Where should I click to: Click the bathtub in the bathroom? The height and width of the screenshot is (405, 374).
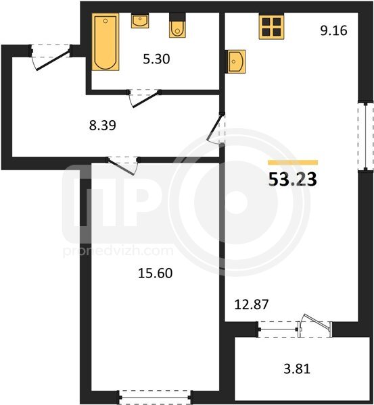pyautogui.click(x=106, y=42)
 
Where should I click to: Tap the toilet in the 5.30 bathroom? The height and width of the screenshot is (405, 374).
pyautogui.click(x=177, y=26)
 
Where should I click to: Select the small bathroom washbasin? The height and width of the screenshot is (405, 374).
pyautogui.click(x=140, y=20)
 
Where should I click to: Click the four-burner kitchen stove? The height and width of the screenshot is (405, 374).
pyautogui.click(x=271, y=26)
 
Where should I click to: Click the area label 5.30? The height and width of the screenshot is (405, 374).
pyautogui.click(x=156, y=59)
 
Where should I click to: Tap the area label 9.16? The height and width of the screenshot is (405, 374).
pyautogui.click(x=333, y=30)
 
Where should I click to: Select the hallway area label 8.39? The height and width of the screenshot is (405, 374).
pyautogui.click(x=103, y=126)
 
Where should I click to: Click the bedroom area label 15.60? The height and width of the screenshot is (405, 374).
pyautogui.click(x=155, y=273)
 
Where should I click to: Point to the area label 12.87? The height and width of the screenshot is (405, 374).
pyautogui.click(x=252, y=304)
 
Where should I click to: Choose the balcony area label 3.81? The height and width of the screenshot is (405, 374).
pyautogui.click(x=297, y=369)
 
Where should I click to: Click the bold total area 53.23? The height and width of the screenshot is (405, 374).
pyautogui.click(x=293, y=180)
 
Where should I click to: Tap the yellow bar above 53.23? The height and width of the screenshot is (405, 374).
pyautogui.click(x=293, y=162)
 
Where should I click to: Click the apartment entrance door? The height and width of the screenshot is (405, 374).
pyautogui.click(x=51, y=57)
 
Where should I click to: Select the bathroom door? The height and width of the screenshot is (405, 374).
pyautogui.click(x=144, y=98)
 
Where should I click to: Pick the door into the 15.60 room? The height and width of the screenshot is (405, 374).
pyautogui.click(x=122, y=165)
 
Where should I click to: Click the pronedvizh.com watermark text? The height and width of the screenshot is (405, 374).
pyautogui.click(x=118, y=251)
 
